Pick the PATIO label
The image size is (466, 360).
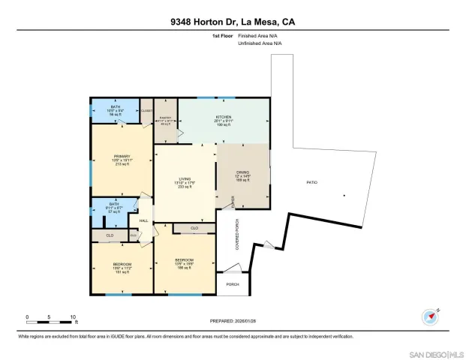311,182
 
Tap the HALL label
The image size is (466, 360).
143,220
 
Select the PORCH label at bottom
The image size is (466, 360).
232,285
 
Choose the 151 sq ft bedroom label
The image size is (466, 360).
122,268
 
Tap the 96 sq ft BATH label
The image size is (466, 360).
115,109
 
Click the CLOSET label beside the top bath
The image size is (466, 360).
147,110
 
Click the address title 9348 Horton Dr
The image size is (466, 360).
232,22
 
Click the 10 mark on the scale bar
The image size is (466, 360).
74,316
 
